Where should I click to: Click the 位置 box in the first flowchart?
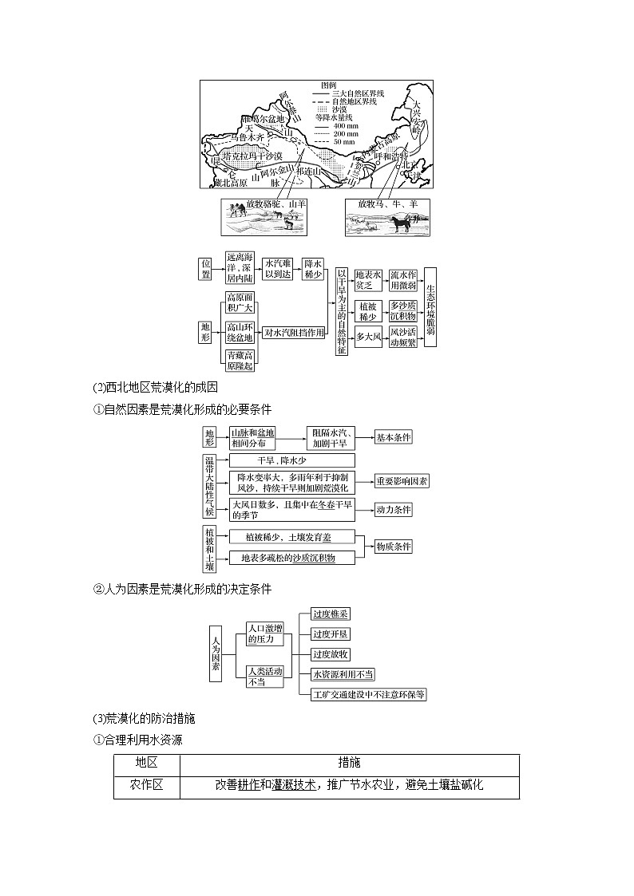tap(207, 268)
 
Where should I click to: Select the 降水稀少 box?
tap(313, 268)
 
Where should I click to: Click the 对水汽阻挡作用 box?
tap(294, 332)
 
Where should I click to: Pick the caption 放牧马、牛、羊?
tap(387, 205)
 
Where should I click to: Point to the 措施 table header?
tap(349, 763)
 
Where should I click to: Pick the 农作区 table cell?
tap(147, 785)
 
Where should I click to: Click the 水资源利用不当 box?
tap(343, 674)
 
